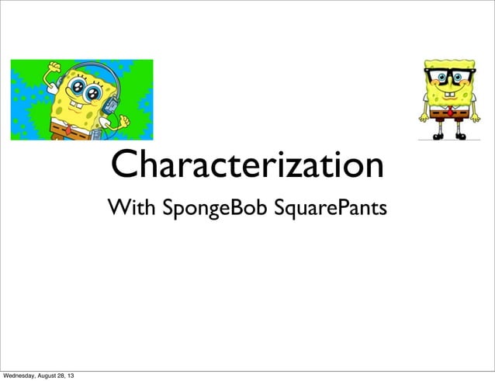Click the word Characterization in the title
[247, 165]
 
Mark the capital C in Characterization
[125, 165]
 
